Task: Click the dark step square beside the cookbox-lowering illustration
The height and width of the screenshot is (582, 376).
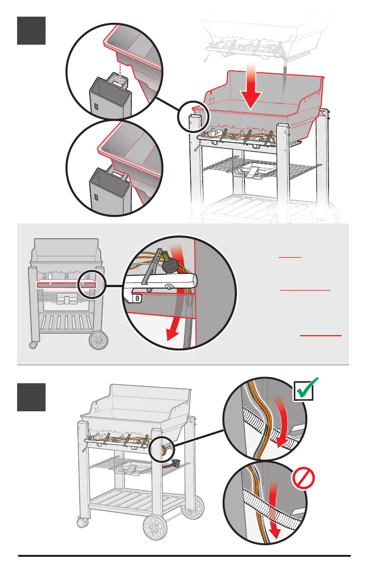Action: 31,30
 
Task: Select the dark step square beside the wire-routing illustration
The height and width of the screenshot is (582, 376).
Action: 31,397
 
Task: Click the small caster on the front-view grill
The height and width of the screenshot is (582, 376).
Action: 34,344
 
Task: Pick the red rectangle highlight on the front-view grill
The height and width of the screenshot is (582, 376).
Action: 66,285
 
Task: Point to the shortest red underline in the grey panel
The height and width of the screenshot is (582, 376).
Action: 290,256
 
